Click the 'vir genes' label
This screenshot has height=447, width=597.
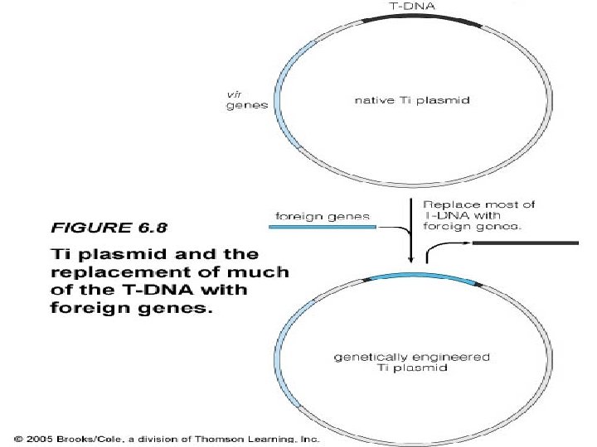tap(241, 101)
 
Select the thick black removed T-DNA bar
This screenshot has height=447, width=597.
tap(525, 243)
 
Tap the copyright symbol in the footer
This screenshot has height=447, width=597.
tap(18, 437)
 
